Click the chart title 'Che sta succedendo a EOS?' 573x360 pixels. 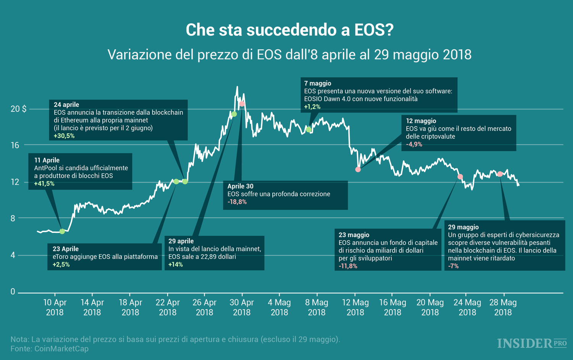click(289, 30)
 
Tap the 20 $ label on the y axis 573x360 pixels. click(18, 109)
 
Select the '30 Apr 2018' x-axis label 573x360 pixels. click(241, 307)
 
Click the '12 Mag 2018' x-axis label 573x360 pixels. click(355, 307)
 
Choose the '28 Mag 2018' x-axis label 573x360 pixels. click(503, 307)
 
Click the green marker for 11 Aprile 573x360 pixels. click(62, 231)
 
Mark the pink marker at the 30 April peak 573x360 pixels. click(241, 104)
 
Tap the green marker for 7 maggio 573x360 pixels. click(309, 129)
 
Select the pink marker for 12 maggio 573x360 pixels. click(358, 170)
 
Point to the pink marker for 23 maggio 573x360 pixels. click(460, 177)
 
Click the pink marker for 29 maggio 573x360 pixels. click(500, 174)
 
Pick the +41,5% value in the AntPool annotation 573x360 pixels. click(44, 184)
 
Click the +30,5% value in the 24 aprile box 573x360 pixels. click(64, 136)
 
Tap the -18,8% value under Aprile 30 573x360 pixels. click(237, 202)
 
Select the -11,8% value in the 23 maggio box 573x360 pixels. click(348, 266)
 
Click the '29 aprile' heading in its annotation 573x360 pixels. click(181, 241)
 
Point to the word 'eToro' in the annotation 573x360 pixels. click(60, 257)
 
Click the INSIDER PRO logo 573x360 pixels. click(531, 344)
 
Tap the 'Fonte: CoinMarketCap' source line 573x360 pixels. click(50, 349)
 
